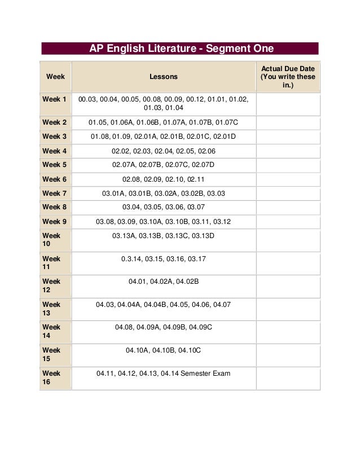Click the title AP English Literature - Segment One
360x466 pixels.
(181, 49)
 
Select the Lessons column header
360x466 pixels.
(164, 76)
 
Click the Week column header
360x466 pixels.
(55, 76)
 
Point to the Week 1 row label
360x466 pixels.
(55, 99)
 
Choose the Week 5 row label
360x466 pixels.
(55, 165)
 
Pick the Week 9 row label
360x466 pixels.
(55, 222)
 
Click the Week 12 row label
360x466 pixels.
(51, 285)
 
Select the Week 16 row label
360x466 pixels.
(51, 378)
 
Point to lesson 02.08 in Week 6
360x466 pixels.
(132, 179)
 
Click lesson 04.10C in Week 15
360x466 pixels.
(190, 350)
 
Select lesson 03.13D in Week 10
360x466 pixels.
(203, 235)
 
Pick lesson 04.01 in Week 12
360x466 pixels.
(138, 281)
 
